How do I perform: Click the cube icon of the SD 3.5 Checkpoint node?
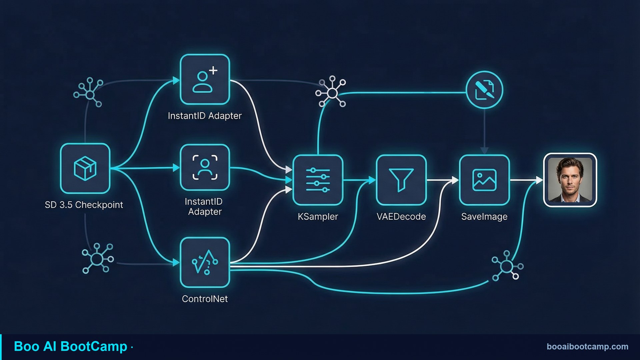pyautogui.click(x=85, y=168)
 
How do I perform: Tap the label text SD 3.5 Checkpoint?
pyautogui.click(x=84, y=205)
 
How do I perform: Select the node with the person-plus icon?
pyautogui.click(x=205, y=79)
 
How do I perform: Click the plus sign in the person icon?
pyautogui.click(x=213, y=70)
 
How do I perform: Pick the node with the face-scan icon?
pyautogui.click(x=205, y=167)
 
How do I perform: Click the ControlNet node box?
pyautogui.click(x=205, y=262)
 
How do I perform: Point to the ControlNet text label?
pyautogui.click(x=205, y=299)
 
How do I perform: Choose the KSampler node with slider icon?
pyautogui.click(x=318, y=180)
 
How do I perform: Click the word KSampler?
pyautogui.click(x=318, y=217)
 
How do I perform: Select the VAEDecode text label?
pyautogui.click(x=401, y=217)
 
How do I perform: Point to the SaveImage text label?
pyautogui.click(x=484, y=217)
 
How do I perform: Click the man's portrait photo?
pyautogui.click(x=570, y=180)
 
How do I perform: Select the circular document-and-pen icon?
pyautogui.click(x=484, y=89)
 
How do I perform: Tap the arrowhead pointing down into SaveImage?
pyautogui.click(x=484, y=151)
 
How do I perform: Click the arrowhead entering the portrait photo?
pyautogui.click(x=539, y=180)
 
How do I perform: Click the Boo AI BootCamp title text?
pyautogui.click(x=70, y=347)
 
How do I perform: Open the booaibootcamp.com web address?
pyautogui.click(x=587, y=347)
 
